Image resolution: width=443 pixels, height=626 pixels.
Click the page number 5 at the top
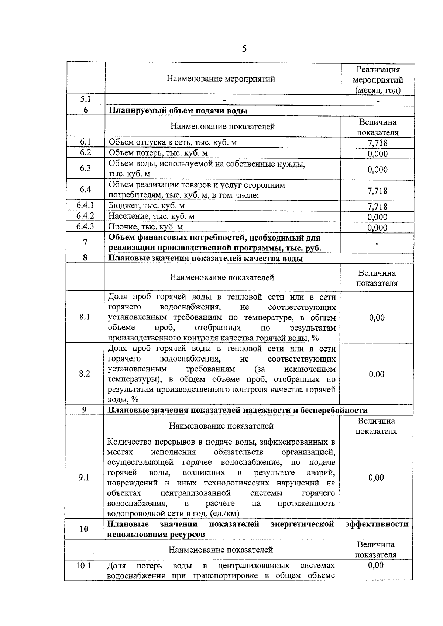[x=244, y=49]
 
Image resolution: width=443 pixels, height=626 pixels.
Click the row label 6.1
[x=85, y=142]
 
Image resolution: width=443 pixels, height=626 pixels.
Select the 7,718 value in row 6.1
[x=377, y=143]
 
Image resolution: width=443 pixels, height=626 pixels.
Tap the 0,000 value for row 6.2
[x=377, y=153]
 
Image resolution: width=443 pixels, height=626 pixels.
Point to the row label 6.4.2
[x=85, y=216]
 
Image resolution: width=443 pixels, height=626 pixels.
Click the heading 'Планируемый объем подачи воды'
[x=178, y=110]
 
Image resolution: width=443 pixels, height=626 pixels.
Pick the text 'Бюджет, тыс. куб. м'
[x=146, y=205]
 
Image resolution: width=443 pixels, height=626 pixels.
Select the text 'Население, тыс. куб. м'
[x=151, y=216]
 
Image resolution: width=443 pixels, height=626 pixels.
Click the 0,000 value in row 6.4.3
[x=377, y=227]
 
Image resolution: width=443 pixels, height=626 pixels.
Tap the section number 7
[x=85, y=242]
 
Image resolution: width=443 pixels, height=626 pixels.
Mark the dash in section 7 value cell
[x=377, y=243]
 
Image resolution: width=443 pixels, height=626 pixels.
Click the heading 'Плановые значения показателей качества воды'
[x=205, y=258]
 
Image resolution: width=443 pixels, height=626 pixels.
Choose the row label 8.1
[x=85, y=317]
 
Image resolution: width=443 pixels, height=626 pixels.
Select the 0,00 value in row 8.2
[x=377, y=374]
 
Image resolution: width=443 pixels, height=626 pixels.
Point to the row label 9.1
[x=84, y=477]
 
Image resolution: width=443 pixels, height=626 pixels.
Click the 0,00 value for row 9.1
[x=376, y=477]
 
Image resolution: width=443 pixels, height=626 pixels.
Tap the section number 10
[x=84, y=529]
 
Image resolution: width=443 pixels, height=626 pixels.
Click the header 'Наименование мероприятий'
[x=221, y=79]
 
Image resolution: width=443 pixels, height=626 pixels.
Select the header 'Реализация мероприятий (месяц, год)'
[x=378, y=80]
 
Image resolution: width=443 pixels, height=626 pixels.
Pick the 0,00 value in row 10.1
[x=375, y=565]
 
